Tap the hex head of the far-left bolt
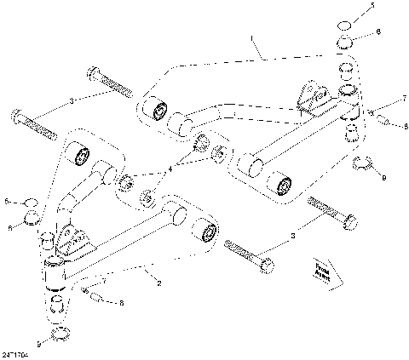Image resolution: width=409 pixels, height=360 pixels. (18, 112)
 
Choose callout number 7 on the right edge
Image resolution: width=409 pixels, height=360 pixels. (404, 100)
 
